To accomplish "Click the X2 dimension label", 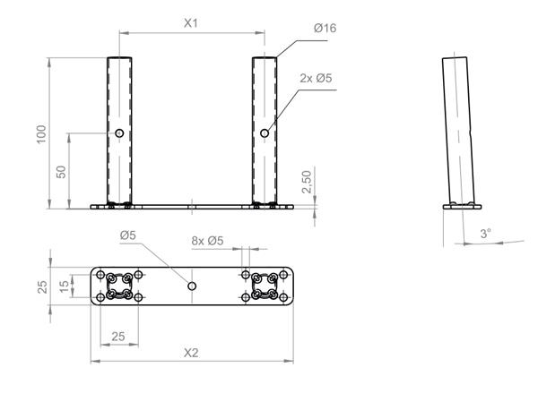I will (190, 353).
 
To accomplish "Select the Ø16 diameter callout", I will (325, 29).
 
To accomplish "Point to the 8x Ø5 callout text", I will (208, 240).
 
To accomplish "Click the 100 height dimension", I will (40, 133).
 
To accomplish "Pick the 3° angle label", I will (485, 233).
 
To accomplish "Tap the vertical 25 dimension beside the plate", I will (41, 286).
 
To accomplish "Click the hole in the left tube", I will (119, 133).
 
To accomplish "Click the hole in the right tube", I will (264, 133).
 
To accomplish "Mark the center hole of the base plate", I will (191, 285).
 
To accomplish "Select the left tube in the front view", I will (119, 98).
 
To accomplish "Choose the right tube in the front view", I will (264, 98).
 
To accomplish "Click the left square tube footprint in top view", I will (119, 285).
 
